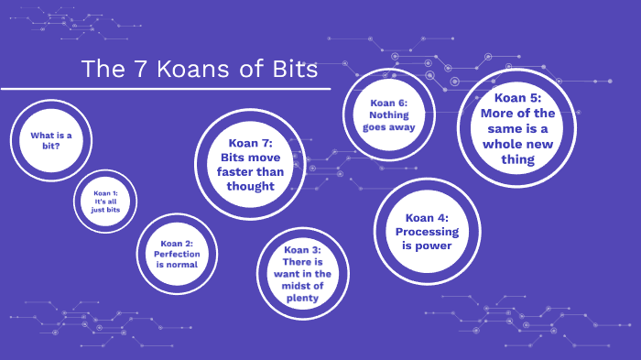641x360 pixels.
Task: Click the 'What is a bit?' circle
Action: [51, 140]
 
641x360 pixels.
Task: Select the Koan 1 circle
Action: [105, 202]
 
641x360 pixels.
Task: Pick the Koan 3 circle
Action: [302, 274]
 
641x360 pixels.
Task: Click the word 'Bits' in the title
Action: [291, 70]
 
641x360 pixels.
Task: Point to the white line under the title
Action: [165, 89]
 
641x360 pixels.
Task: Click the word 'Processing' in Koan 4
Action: [427, 232]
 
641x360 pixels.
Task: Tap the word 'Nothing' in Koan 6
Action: [388, 115]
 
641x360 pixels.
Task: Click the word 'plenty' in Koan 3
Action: [302, 298]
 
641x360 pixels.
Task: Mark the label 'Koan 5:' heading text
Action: [517, 98]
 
